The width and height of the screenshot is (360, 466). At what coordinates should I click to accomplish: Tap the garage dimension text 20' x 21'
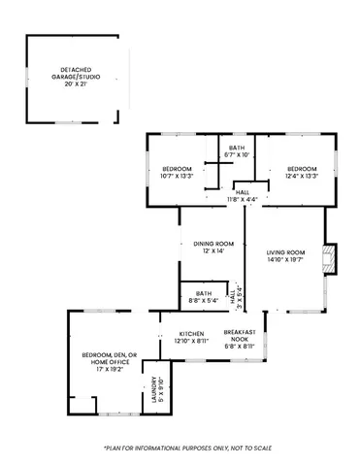pyautogui.click(x=73, y=83)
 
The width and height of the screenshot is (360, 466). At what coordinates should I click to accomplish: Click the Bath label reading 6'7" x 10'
pyautogui.click(x=237, y=150)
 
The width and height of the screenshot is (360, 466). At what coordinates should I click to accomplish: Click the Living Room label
pyautogui.click(x=285, y=252)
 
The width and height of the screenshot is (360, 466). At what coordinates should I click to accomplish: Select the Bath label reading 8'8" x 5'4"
pyautogui.click(x=204, y=296)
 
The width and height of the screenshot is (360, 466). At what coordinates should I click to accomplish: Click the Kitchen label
pyautogui.click(x=191, y=333)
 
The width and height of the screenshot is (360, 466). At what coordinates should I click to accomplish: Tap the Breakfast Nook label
pyautogui.click(x=239, y=335)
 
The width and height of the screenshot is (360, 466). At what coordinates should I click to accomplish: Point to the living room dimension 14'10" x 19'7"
pyautogui.click(x=285, y=260)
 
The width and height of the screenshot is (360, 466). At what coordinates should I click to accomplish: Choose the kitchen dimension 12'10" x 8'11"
pyautogui.click(x=191, y=341)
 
